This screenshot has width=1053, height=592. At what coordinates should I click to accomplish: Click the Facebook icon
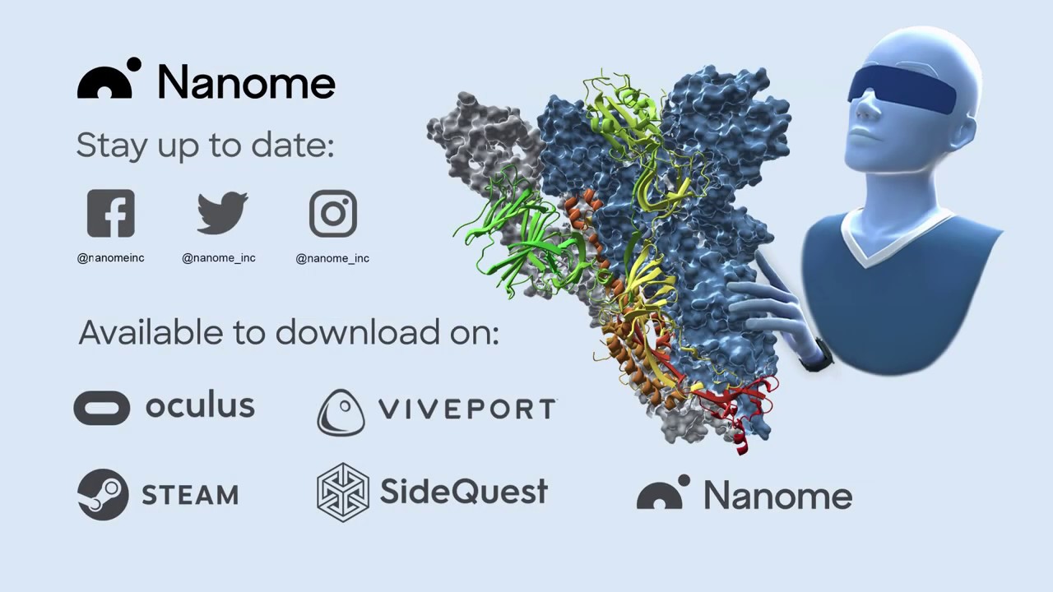[111, 213]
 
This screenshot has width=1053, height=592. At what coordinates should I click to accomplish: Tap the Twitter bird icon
[222, 212]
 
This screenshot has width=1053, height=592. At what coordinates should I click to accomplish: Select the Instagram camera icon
[333, 213]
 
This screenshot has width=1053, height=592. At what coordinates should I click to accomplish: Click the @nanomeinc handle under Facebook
[110, 258]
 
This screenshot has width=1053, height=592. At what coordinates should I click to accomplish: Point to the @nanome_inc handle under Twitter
[219, 258]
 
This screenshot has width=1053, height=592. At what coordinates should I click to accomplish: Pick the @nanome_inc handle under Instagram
[332, 258]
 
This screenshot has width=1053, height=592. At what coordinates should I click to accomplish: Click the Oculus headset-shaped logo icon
[101, 408]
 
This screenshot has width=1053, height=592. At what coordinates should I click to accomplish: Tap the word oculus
[200, 404]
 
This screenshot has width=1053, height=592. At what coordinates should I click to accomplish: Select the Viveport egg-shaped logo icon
[341, 413]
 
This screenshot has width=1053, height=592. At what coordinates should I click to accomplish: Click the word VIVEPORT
[467, 409]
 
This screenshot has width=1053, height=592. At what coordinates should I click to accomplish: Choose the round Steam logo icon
[103, 494]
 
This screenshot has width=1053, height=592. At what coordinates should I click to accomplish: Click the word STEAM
[190, 495]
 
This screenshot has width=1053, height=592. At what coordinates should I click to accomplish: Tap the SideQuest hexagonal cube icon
[343, 493]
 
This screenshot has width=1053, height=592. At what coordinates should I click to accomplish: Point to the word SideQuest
[464, 492]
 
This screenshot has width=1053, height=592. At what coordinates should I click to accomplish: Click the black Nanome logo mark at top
[109, 78]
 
